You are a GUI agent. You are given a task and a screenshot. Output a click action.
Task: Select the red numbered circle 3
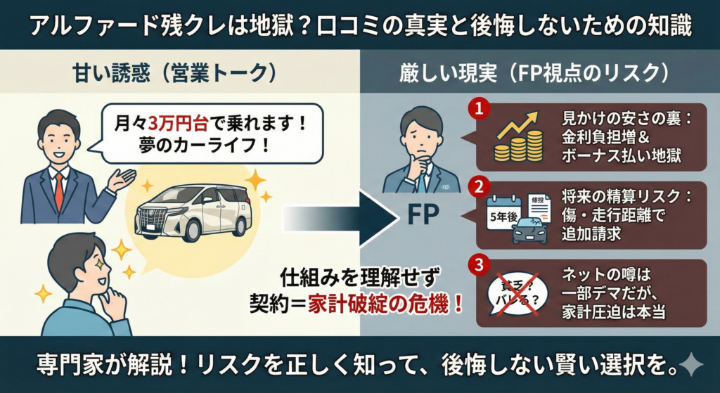(479, 265)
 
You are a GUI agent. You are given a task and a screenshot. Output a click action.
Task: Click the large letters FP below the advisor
(422, 214)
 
